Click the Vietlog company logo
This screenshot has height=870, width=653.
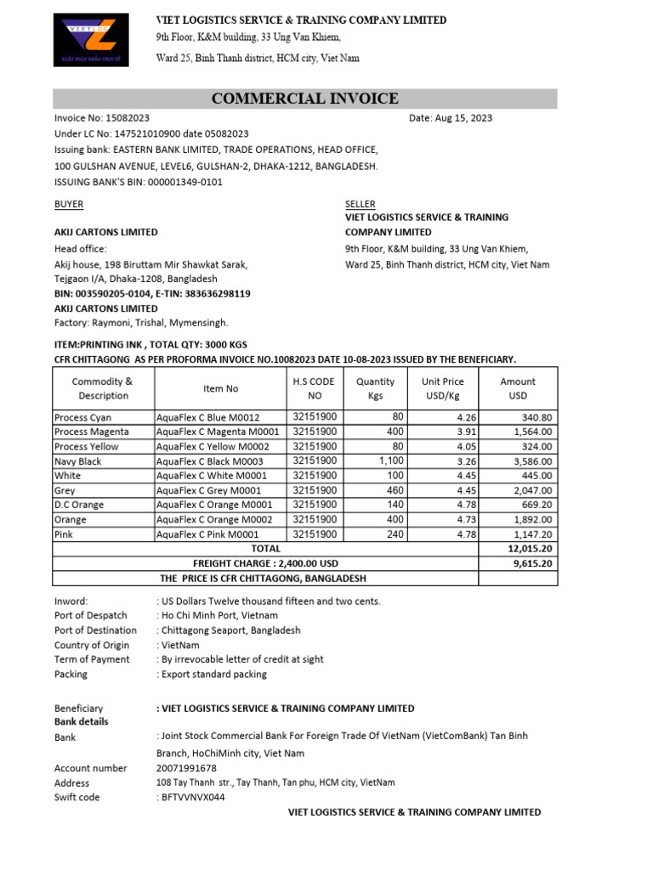(90, 41)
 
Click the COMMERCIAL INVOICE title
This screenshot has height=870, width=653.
(304, 99)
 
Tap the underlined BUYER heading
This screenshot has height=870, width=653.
(69, 205)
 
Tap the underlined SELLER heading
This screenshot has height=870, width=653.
(360, 205)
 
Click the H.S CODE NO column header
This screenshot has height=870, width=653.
(315, 389)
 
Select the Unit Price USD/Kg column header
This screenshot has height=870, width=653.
(442, 389)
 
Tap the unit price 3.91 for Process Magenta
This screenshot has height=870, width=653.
(455, 432)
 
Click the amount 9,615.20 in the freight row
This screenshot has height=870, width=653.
(531, 563)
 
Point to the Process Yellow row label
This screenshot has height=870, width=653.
(87, 447)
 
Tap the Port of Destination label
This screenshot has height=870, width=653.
(95, 630)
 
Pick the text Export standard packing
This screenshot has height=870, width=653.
(214, 674)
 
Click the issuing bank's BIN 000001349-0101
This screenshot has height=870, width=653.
(174, 182)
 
